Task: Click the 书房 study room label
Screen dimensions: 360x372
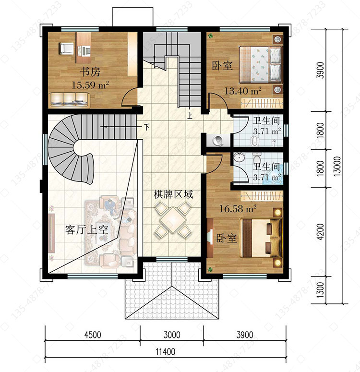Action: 90,72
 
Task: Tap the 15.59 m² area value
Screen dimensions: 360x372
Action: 90,84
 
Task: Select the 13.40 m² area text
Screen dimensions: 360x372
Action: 243,91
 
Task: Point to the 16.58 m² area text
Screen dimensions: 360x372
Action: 238,208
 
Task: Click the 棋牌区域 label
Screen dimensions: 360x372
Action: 173,194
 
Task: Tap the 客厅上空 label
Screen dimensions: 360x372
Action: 86,229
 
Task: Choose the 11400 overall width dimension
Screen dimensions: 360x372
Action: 166,351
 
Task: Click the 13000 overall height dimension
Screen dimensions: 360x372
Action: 337,166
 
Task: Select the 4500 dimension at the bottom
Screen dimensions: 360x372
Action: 93,335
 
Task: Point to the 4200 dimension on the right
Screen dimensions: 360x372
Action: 320,231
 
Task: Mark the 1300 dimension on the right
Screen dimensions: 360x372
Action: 320,290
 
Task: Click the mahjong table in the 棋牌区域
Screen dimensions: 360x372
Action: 173,220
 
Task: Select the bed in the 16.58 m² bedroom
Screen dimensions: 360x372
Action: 261,238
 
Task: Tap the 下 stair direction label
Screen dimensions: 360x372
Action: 147,127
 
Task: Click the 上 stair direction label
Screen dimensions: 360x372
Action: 190,116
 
